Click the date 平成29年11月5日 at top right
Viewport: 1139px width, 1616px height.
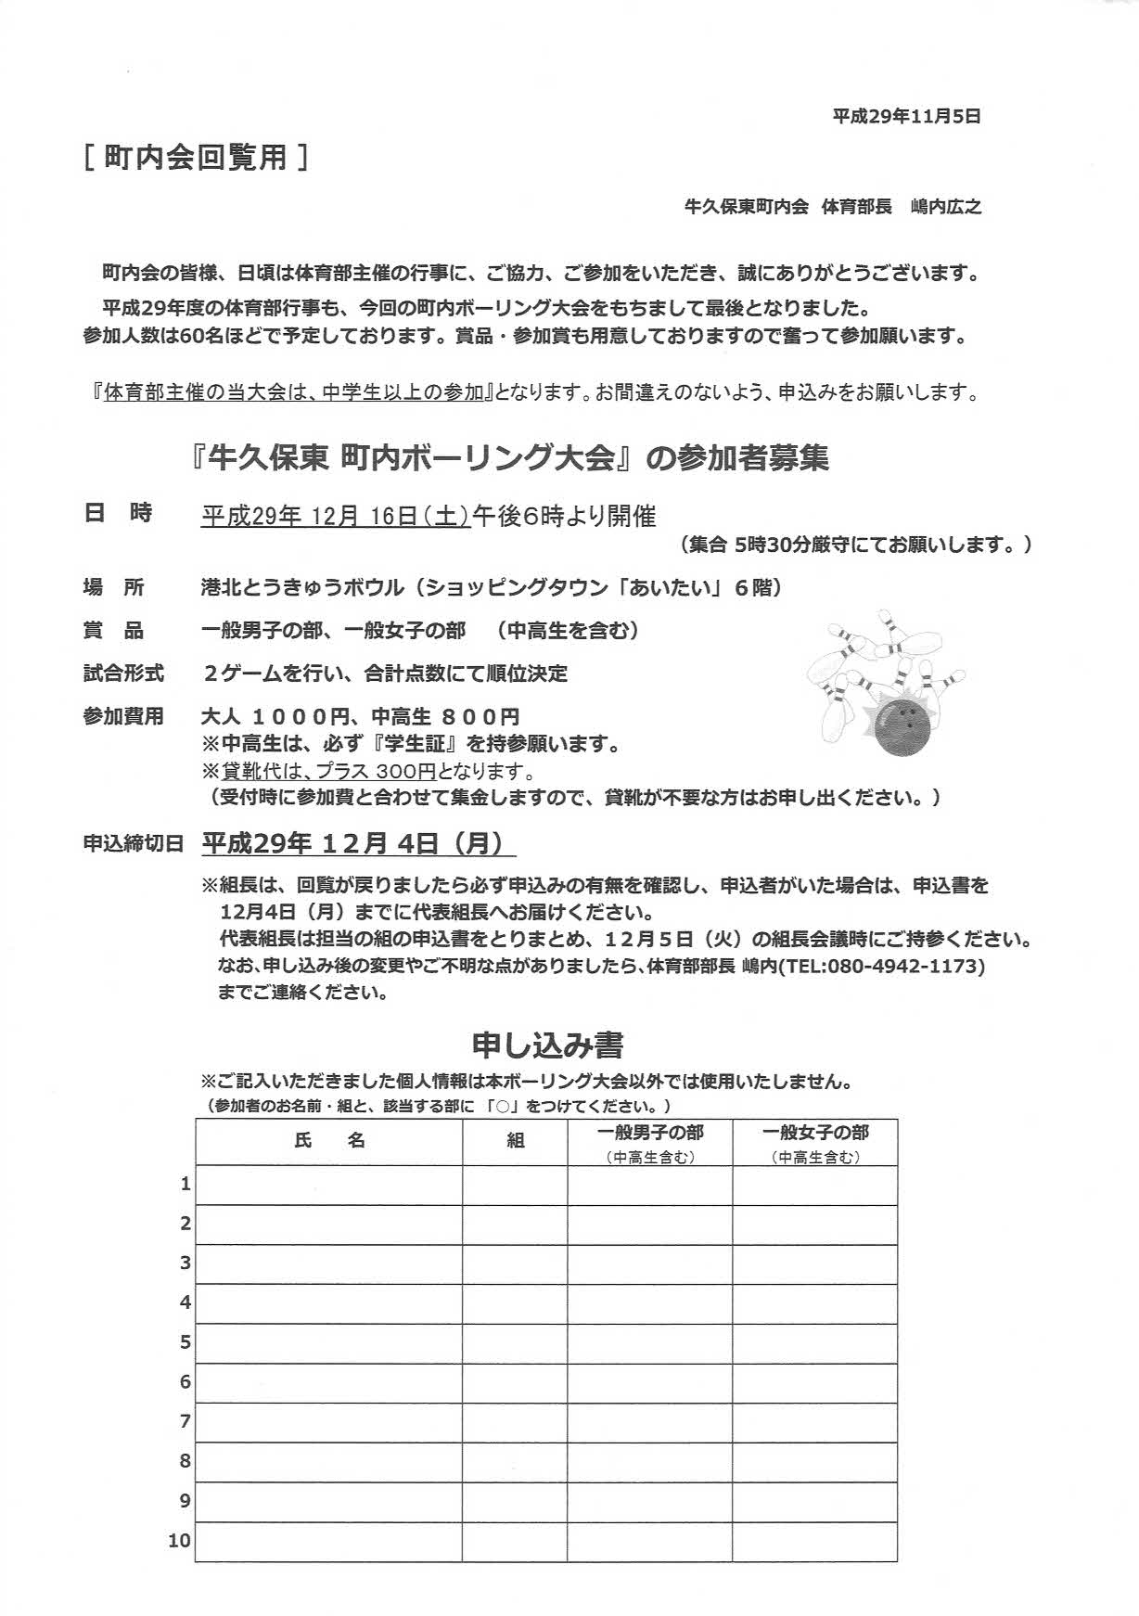pos(906,117)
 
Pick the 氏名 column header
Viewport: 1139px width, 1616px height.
pos(329,1141)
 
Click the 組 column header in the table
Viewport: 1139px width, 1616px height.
pos(515,1141)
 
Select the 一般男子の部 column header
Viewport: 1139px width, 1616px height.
pos(649,1133)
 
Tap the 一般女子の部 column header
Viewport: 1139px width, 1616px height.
pos(815,1133)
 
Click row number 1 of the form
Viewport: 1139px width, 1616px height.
pos(186,1184)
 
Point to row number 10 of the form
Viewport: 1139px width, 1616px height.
pos(180,1541)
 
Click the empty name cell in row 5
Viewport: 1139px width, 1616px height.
pos(329,1342)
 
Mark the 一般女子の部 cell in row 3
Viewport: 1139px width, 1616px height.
pos(815,1263)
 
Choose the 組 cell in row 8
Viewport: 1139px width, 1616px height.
pos(515,1461)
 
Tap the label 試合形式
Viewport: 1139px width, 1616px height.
pos(123,673)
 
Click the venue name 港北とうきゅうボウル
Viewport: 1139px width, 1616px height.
pos(302,587)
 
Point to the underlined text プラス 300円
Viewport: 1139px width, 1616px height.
pos(376,771)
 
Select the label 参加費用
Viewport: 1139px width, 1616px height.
pos(123,716)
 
